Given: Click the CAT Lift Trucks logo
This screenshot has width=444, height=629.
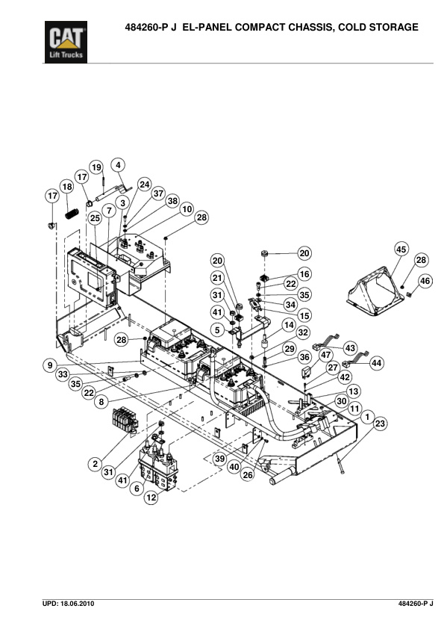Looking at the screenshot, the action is [66, 42].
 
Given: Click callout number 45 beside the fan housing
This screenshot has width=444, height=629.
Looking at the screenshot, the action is [401, 249].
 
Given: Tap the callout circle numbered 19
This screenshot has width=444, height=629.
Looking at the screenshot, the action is [96, 167].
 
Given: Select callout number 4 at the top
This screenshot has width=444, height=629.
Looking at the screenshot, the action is [118, 165].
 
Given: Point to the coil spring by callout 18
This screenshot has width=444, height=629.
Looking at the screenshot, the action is [72, 214].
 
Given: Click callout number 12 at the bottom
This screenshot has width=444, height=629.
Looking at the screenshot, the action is [151, 498].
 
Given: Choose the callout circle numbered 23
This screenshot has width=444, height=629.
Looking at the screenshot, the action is [380, 424].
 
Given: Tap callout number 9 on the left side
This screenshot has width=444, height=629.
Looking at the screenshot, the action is [50, 365].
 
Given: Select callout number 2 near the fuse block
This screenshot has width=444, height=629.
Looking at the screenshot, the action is [95, 464].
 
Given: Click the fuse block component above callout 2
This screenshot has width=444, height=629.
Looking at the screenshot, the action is [125, 420].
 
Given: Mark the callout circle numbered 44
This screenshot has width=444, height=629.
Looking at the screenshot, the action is [376, 363].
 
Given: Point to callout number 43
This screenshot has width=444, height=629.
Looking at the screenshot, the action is [350, 348].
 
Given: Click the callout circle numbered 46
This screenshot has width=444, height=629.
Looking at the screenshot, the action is [425, 281].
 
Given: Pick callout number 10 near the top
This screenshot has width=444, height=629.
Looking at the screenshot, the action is [187, 209].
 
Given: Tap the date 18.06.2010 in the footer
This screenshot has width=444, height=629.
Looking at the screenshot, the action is [78, 604].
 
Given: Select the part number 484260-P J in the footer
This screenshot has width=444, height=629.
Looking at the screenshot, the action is [416, 604].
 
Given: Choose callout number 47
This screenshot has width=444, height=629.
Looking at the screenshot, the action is [326, 355].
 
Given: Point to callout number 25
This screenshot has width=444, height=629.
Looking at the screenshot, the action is [95, 218].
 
